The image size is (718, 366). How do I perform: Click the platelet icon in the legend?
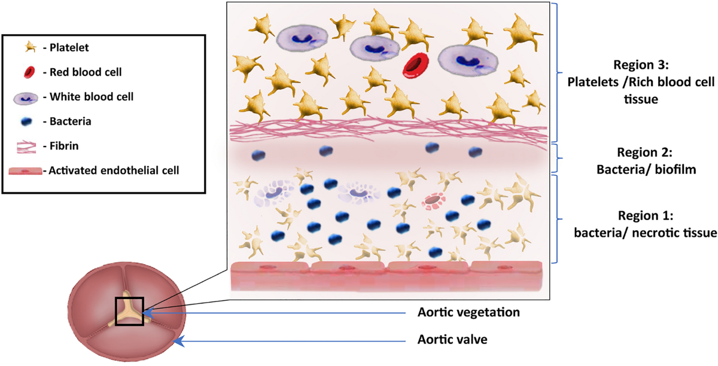pyautogui.click(x=26, y=47)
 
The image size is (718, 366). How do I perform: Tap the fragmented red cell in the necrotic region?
pyautogui.click(x=433, y=202)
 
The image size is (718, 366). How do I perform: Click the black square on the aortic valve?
pyautogui.click(x=129, y=310)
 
